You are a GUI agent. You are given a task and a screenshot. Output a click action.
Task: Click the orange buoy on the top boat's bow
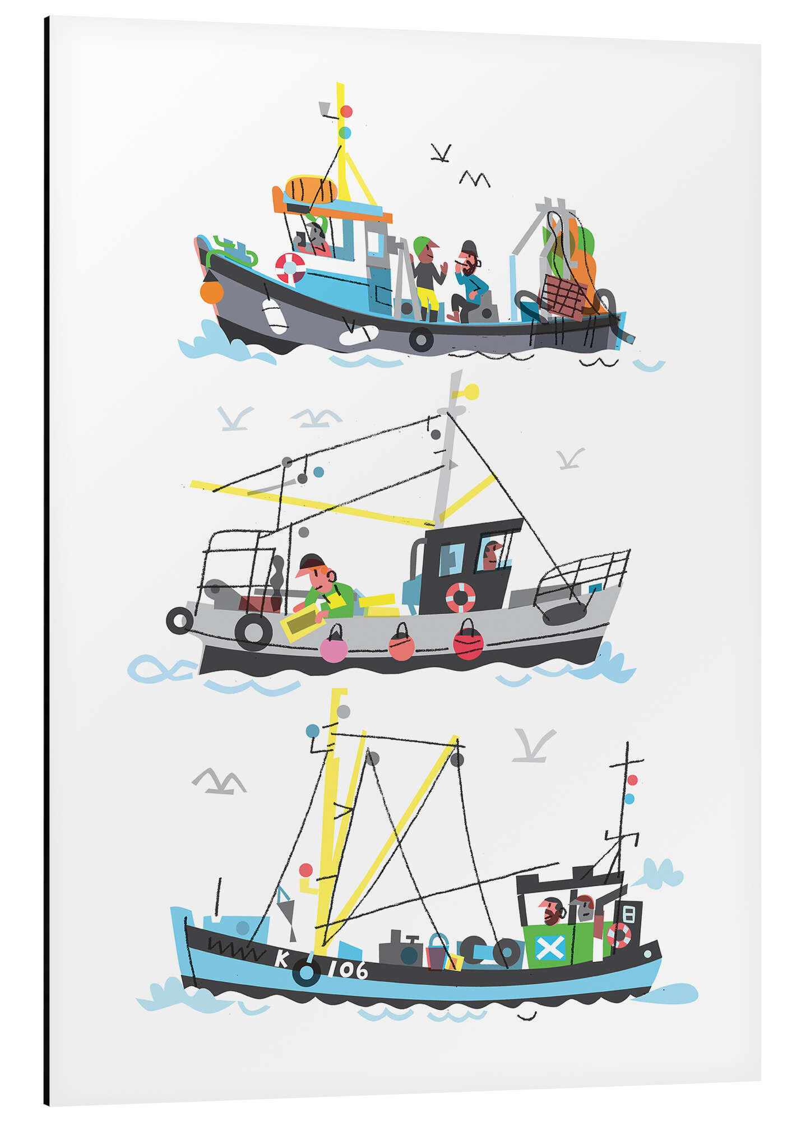pyautogui.click(x=211, y=291)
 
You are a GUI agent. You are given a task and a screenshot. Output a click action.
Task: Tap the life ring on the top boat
pyautogui.click(x=290, y=267)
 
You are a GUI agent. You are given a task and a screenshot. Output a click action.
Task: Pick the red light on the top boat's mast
pyautogui.click(x=346, y=112)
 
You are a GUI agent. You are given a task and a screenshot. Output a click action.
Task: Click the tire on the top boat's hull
pyautogui.click(x=421, y=339)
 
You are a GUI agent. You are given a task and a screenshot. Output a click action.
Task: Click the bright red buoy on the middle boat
pyautogui.click(x=468, y=642)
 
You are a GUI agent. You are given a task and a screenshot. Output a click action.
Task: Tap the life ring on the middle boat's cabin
pyautogui.click(x=460, y=597)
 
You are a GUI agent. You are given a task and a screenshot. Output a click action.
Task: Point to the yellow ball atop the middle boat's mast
pyautogui.click(x=471, y=391)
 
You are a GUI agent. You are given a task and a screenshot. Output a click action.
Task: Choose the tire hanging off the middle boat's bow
pyautogui.click(x=179, y=620)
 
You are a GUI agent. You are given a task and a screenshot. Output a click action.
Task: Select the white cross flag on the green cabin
pyautogui.click(x=549, y=947)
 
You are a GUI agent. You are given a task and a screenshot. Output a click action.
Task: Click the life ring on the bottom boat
pyautogui.click(x=619, y=935)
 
